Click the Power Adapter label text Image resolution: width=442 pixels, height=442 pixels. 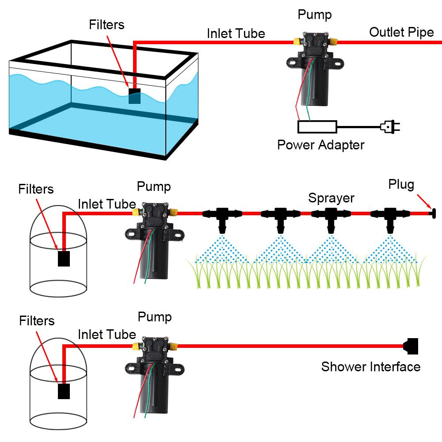tap(320, 145)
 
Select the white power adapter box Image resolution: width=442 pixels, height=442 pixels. tap(317, 127)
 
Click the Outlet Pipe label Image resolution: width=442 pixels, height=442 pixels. tap(401, 32)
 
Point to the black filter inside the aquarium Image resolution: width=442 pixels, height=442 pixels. tap(134, 96)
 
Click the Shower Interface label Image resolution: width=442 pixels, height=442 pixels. tap(370, 366)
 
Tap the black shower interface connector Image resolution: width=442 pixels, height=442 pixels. tap(412, 346)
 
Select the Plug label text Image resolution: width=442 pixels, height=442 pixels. tap(401, 184)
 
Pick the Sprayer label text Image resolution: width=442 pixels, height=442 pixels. tap(331, 198)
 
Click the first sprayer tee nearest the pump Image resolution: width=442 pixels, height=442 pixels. tap(222, 217)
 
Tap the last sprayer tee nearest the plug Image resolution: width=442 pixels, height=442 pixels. tap(389, 217)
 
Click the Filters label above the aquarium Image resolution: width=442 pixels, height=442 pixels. tap(107, 25)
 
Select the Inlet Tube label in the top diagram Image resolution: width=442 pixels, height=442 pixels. tap(236, 34)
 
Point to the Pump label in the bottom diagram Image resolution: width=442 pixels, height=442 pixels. tap(154, 317)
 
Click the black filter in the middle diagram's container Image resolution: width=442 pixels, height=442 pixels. tap(64, 259)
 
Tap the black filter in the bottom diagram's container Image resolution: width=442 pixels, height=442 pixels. tap(64, 391)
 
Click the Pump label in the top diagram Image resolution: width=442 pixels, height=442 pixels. tap(314, 15)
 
